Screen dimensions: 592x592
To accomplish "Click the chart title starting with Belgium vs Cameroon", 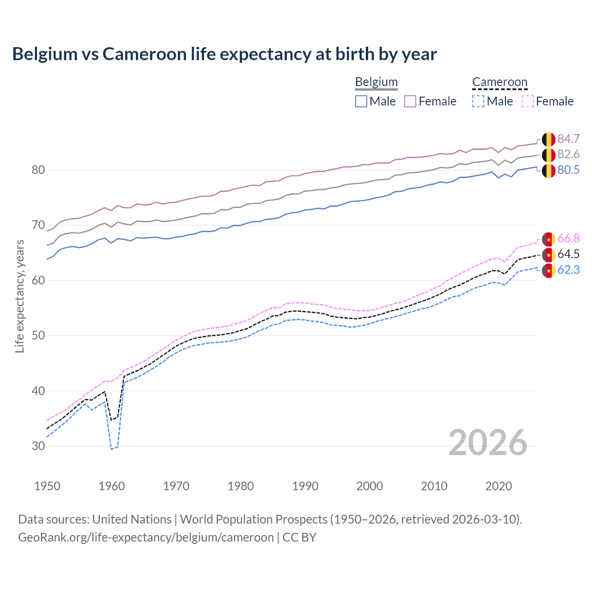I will click(x=224, y=54).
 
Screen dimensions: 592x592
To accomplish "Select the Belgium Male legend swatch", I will click(x=361, y=101).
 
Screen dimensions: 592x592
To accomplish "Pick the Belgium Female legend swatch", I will click(x=410, y=101).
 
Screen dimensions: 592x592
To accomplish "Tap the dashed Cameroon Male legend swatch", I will click(x=478, y=101).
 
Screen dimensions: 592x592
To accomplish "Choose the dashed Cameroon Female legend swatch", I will click(x=527, y=101).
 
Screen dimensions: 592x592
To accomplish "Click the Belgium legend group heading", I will click(x=376, y=82).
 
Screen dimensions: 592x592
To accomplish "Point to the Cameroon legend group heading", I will click(x=499, y=82).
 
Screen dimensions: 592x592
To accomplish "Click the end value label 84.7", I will click(x=568, y=139).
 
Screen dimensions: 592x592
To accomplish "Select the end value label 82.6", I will click(x=568, y=154).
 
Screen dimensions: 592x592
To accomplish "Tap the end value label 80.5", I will click(x=568, y=170).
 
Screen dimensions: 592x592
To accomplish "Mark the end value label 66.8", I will click(x=568, y=239).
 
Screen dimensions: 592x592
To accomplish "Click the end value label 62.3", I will click(x=568, y=270).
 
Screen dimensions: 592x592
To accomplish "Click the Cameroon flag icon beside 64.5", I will click(x=549, y=254).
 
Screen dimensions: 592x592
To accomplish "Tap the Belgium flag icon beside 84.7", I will click(x=549, y=139).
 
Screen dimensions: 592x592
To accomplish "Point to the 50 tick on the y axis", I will click(x=38, y=336).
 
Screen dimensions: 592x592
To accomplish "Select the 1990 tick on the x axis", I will click(x=305, y=486).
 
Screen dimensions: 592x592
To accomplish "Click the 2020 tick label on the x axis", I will click(x=499, y=486).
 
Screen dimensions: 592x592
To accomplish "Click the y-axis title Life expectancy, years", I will click(x=20, y=296).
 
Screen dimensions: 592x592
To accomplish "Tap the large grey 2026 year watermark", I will click(x=488, y=443).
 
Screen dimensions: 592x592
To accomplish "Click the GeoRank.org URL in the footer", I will click(x=146, y=537).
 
